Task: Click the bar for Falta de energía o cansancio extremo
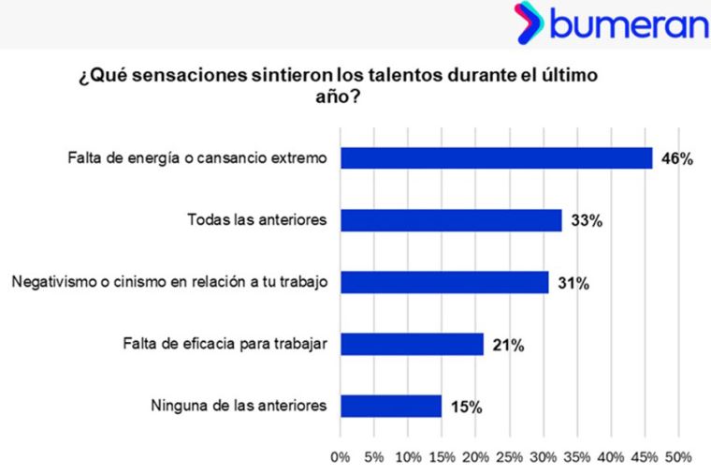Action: [x=496, y=158]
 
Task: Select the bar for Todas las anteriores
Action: [x=451, y=220]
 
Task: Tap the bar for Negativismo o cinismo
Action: [x=444, y=282]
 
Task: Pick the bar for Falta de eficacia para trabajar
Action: [x=412, y=344]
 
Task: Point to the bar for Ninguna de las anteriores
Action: [x=391, y=406]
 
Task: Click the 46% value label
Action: [x=676, y=159]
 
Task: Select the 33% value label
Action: [x=586, y=221]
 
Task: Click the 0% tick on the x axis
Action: [x=341, y=457]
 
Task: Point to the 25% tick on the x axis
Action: [x=509, y=457]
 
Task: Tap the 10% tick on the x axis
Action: [x=408, y=457]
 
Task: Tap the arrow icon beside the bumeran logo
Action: [x=530, y=23]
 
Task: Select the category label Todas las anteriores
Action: [x=256, y=220]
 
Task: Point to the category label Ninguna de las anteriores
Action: [x=238, y=406]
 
